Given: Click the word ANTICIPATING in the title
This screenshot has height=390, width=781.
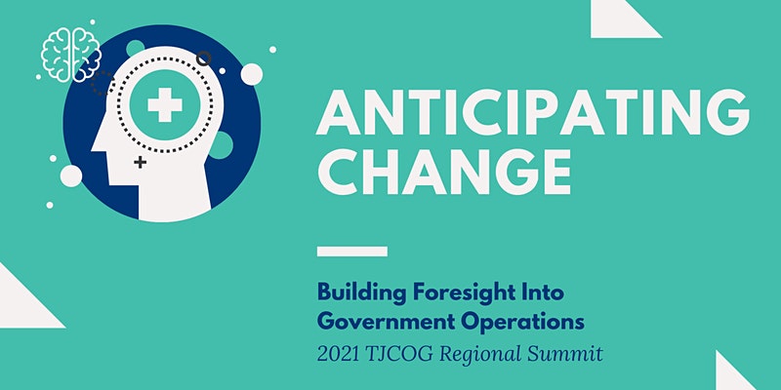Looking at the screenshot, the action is (532, 112).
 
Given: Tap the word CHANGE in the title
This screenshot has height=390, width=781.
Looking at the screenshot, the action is (444, 172).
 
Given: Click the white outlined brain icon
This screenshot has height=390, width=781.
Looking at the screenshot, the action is (71, 55).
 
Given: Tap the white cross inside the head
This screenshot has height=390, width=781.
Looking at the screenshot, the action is (165, 105).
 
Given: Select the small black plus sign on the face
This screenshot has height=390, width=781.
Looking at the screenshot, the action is (141, 162).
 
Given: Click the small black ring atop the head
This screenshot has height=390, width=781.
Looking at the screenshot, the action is (204, 58).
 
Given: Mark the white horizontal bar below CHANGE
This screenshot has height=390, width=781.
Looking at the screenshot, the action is (352, 252).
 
